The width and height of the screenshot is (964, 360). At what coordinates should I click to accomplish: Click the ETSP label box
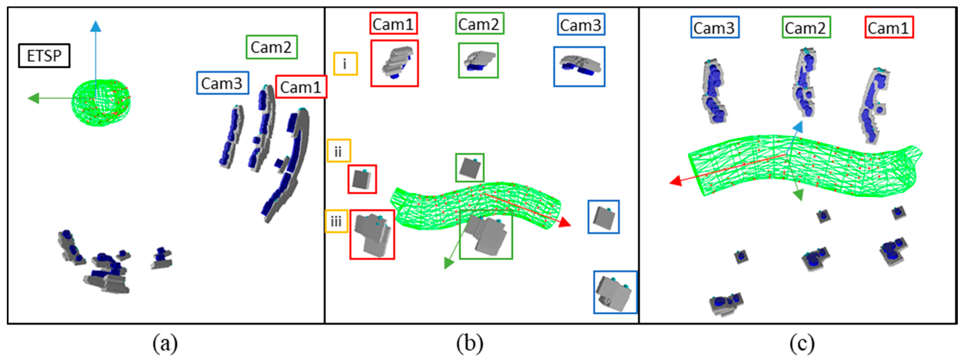coord(44,56)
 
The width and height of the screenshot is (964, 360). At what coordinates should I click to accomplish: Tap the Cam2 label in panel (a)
coord(271,47)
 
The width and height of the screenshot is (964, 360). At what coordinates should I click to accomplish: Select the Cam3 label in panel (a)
coord(222,83)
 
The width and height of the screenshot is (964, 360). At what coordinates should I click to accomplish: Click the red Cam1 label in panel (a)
coord(301,87)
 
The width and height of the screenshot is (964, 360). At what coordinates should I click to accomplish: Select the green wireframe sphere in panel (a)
coord(101,103)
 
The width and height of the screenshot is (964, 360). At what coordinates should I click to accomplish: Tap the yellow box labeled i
coord(345,64)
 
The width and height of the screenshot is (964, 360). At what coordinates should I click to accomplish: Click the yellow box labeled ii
coord(339,151)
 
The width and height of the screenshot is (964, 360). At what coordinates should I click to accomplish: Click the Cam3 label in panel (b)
coord(581,25)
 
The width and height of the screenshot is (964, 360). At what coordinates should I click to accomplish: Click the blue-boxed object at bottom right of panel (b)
coord(615,292)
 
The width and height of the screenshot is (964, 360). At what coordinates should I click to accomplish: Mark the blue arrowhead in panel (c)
coord(798,126)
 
